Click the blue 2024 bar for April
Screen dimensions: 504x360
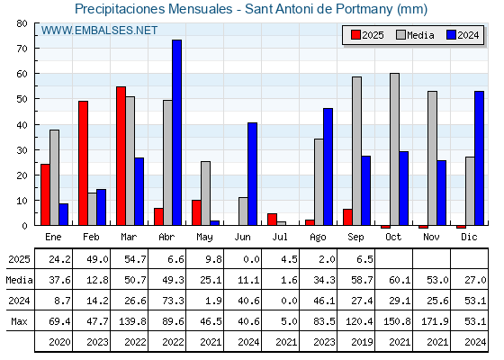point(176,132)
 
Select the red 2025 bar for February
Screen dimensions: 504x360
point(83,163)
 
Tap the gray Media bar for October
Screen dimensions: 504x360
point(394,149)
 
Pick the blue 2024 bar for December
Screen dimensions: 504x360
point(479,158)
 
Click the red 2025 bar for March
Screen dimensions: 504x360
point(121,156)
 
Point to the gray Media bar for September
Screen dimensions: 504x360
point(356,151)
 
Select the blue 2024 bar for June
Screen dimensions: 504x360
point(252,174)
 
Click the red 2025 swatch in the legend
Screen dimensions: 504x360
point(355,35)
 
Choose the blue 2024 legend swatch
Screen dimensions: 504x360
point(451,35)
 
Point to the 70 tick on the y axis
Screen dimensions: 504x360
point(22,49)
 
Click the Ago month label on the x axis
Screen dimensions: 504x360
point(318,238)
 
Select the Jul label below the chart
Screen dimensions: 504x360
point(280,237)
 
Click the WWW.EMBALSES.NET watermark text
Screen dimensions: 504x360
point(99,31)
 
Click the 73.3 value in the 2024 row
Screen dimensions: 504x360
point(173,301)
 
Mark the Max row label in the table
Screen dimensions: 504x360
point(19,321)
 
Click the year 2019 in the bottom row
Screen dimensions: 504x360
point(362,342)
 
